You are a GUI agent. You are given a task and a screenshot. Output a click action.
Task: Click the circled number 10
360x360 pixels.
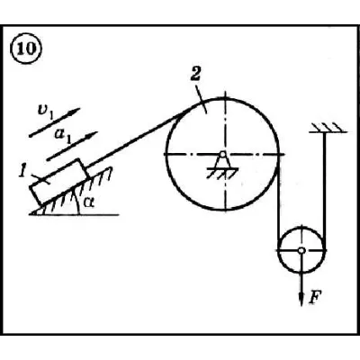click(x=26, y=49)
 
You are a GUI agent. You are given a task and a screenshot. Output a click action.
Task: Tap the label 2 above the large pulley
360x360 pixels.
click(x=195, y=74)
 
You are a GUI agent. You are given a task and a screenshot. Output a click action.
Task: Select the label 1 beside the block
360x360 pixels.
click(x=22, y=172)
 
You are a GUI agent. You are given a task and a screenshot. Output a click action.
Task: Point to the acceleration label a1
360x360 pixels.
click(x=62, y=135)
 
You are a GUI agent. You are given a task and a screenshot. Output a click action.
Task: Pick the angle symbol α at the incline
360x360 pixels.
click(x=89, y=203)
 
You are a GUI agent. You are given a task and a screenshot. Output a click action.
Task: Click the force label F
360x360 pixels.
click(x=315, y=297)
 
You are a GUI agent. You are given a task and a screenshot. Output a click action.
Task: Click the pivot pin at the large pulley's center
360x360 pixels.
click(x=222, y=155)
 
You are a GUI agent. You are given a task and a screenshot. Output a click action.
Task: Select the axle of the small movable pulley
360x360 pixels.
click(x=301, y=250)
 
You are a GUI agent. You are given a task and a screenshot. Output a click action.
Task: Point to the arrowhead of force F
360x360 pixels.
click(x=301, y=300)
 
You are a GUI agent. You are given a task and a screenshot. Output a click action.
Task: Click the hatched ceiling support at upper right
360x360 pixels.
click(x=328, y=128)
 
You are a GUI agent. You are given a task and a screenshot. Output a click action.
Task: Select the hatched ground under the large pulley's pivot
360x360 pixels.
click(x=222, y=173)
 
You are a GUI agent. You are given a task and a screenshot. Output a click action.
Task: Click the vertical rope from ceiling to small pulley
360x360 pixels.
click(x=324, y=191)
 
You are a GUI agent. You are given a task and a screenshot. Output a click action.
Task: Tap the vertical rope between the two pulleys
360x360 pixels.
click(x=279, y=201)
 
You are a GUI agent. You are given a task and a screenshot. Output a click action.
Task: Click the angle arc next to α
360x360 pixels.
click(x=77, y=203)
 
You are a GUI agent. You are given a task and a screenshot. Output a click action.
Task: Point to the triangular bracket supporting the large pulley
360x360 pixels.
click(x=222, y=163)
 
